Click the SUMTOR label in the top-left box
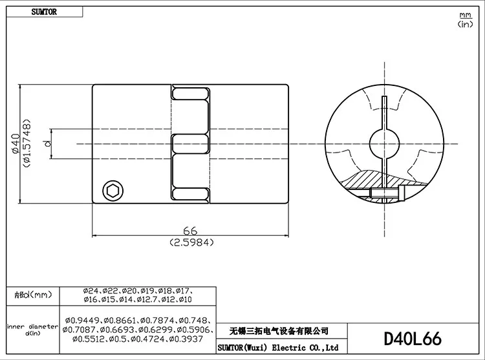pos(44,12)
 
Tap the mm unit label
pos(465,15)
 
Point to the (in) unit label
pos(465,24)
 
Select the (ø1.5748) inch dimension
pos(27,143)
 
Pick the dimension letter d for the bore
pos(47,143)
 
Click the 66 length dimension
pos(190,231)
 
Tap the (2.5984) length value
pos(192,242)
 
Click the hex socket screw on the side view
pos(113,191)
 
